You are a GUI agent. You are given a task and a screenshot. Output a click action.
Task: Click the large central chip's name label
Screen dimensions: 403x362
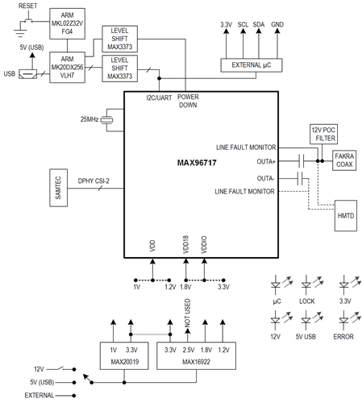(198, 164)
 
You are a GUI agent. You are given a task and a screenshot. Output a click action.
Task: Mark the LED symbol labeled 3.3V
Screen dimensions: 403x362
(344, 285)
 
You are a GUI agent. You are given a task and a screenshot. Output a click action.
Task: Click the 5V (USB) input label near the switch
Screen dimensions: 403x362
(41, 380)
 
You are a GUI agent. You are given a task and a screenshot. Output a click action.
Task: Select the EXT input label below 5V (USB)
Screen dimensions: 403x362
(38, 396)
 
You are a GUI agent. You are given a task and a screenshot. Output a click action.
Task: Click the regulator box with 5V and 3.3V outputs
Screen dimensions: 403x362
(121, 355)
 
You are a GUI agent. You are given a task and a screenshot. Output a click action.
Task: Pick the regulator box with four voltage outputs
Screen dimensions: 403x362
(195, 355)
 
